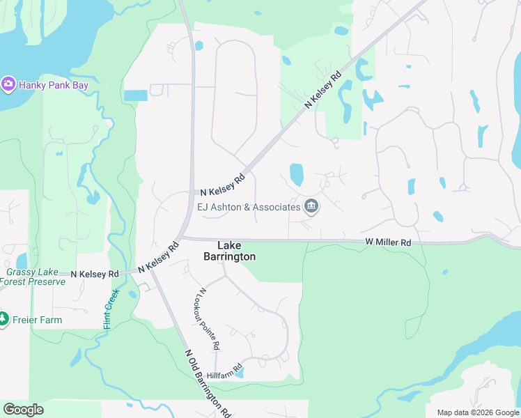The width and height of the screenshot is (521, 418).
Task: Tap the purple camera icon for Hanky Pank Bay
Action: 8,84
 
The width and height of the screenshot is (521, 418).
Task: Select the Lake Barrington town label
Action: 229,251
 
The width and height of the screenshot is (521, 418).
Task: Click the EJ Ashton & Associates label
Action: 249,206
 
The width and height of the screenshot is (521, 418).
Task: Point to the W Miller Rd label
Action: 388,242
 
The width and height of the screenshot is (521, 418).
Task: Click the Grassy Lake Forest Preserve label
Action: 36,277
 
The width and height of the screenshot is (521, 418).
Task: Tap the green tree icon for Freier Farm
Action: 4,319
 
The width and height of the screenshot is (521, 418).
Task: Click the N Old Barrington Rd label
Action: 208,383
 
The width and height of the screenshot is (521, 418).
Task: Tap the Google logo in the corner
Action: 23,410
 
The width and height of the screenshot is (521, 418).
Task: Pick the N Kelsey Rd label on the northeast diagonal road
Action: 324,89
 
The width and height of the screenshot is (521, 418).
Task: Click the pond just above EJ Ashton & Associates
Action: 296,174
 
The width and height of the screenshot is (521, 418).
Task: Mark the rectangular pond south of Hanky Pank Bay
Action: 136,95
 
